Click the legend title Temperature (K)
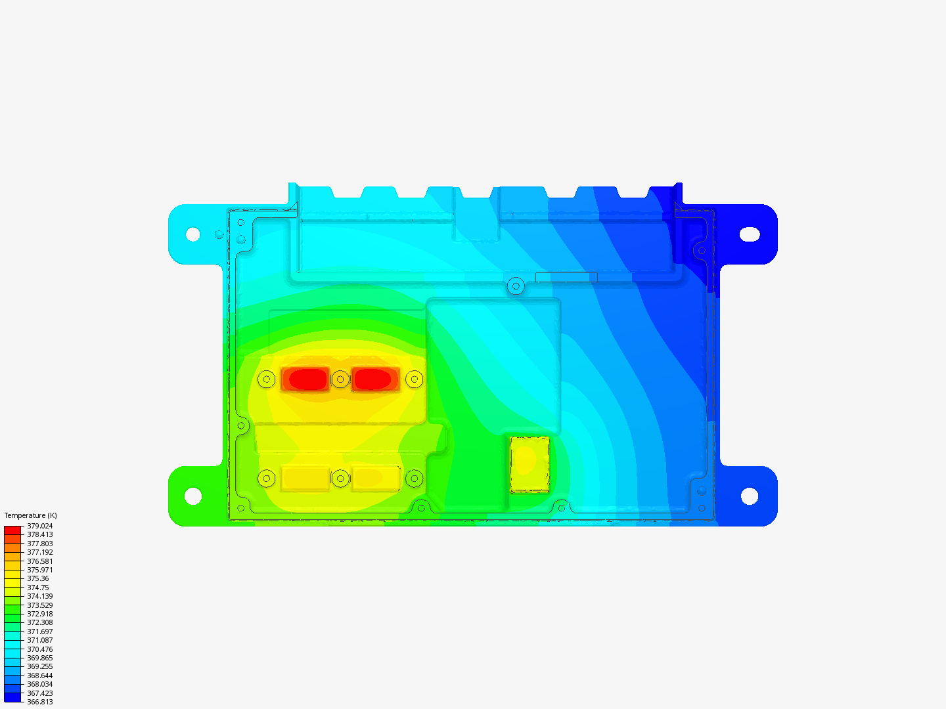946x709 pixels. coord(31,515)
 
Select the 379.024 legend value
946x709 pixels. coord(39,526)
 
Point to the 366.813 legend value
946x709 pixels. coord(39,702)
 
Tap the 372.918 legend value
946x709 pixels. coord(39,614)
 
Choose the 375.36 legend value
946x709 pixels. coord(38,578)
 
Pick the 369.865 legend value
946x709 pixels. coord(39,658)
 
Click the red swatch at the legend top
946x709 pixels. coord(12,530)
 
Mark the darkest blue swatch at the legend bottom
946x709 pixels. coord(12,697)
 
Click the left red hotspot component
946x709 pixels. coord(305,379)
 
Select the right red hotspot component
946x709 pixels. coord(375,379)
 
